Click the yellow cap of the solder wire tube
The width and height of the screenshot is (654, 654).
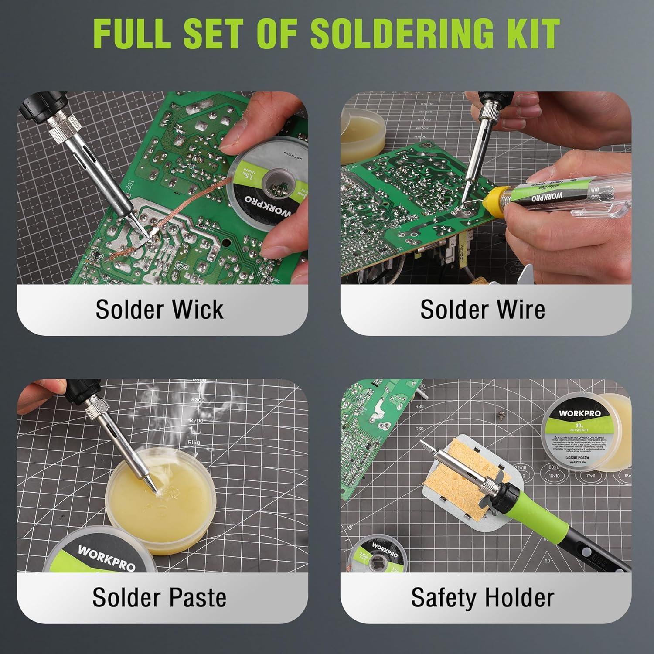500,201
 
